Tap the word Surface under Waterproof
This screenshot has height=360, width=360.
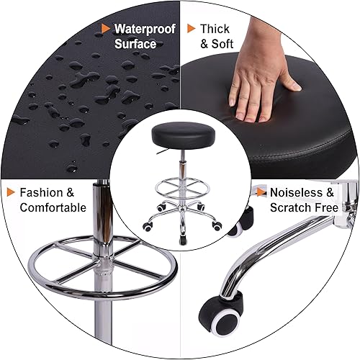(135, 44)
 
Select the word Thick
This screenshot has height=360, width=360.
(215, 30)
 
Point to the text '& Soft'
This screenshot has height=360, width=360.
(217, 44)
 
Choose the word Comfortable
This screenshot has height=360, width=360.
(53, 208)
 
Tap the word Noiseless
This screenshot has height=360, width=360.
(302, 193)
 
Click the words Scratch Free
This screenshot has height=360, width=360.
(304, 208)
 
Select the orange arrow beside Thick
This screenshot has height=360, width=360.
(191, 30)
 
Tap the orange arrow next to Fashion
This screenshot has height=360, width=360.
(12, 193)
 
